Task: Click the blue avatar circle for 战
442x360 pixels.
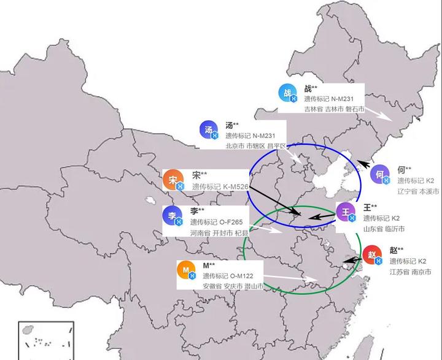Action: (x=287, y=93)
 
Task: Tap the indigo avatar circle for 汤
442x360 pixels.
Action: (x=209, y=129)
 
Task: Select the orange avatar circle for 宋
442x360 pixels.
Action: (x=173, y=179)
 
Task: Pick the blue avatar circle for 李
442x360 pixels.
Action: (x=173, y=215)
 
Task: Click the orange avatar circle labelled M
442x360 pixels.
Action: (x=187, y=270)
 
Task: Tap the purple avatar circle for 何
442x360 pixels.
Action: (x=381, y=175)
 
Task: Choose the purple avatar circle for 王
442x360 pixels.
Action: (x=346, y=212)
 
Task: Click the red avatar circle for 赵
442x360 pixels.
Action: (x=373, y=255)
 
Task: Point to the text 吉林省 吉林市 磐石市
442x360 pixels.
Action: (x=334, y=109)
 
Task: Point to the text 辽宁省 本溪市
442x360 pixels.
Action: (x=418, y=191)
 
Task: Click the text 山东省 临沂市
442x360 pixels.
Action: (x=384, y=228)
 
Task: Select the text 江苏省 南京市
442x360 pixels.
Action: (x=410, y=271)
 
